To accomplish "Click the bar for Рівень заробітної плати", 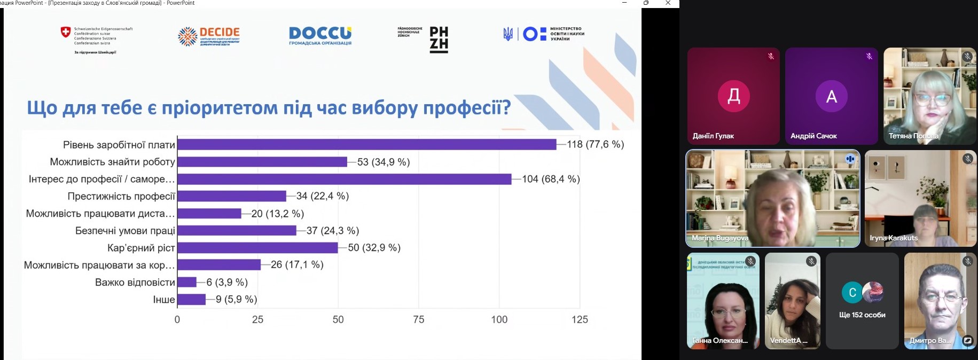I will pos(366,144).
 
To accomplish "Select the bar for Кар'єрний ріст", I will pos(257,247).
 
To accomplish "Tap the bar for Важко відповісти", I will pos(187,282).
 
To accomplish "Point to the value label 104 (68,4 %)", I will pos(551,179).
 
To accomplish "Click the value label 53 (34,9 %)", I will pos(384,162).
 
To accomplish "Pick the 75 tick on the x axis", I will pos(419,319).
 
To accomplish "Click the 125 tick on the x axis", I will pos(580,319).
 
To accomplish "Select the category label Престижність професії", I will pos(121,196).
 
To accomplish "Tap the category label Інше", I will pos(164,299).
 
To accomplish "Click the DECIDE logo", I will pos(209,36).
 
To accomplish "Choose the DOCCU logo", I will pos(320,35).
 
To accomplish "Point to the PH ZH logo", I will pos(439,40).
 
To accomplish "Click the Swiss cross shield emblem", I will pos(66,33).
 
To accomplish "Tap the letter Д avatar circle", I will pos(733,96).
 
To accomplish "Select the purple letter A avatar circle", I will pos(831,96).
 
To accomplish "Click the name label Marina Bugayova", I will pos(719,238).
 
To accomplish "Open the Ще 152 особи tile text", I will pos(862,315).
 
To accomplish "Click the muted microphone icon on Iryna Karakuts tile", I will pos(967,159).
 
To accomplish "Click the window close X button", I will pos(668,3).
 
